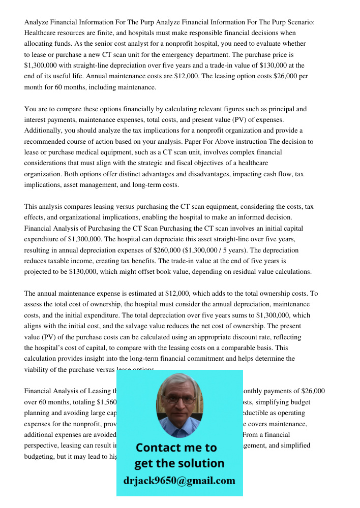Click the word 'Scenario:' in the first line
coord(299,22)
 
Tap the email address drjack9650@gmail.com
coord(179,481)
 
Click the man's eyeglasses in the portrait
coord(179,399)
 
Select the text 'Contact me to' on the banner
coord(176,448)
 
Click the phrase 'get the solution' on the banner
coord(179,463)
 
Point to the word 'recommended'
coord(48,141)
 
